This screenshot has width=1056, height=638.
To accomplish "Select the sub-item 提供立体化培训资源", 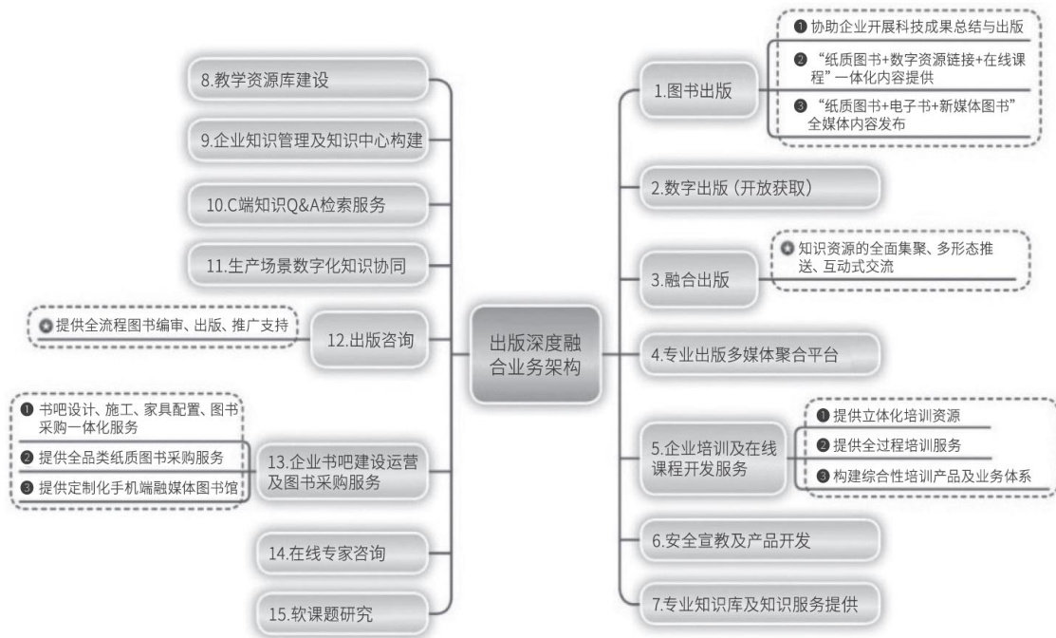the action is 896,415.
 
